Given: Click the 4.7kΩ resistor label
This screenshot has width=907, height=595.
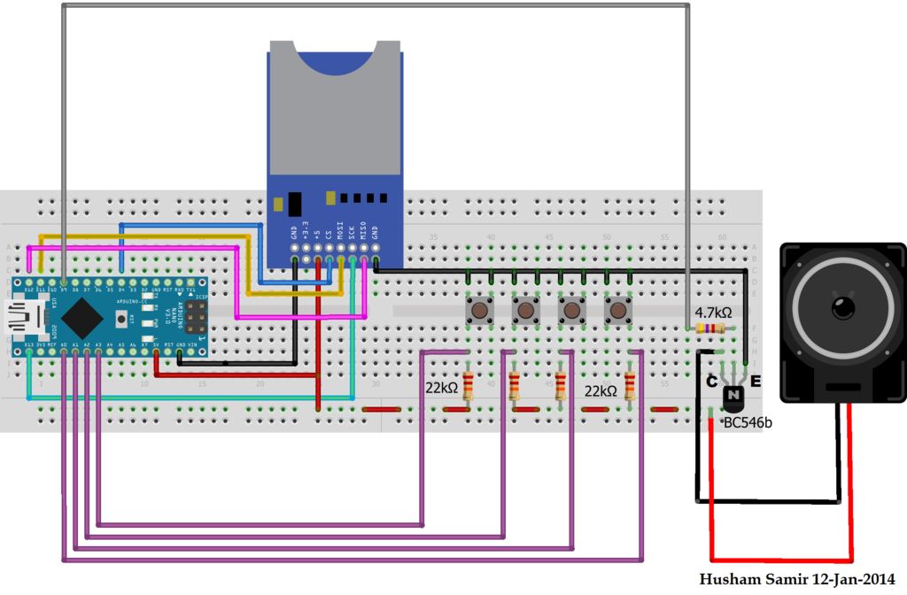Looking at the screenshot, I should (712, 313).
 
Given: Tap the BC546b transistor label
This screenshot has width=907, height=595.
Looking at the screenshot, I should (748, 423).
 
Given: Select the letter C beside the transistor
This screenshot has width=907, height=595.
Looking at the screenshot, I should (711, 382).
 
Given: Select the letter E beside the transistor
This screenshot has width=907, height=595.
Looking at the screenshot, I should (756, 382).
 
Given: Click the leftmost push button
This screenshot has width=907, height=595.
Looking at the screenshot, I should (480, 311).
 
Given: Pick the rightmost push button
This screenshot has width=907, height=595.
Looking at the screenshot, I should (616, 311).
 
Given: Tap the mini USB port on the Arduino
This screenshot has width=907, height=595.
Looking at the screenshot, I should (19, 316).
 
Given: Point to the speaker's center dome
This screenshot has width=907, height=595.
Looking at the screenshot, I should (841, 308).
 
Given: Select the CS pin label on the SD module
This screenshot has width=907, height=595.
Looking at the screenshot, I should (329, 236).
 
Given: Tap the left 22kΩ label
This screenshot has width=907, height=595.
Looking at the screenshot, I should (442, 388).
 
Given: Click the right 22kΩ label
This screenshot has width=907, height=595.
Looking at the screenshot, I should (600, 390).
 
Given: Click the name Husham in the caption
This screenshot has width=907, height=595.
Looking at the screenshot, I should (727, 580).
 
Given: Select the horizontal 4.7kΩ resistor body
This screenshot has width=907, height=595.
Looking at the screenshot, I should (710, 329).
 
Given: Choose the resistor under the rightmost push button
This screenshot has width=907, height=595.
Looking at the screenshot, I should (629, 386).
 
